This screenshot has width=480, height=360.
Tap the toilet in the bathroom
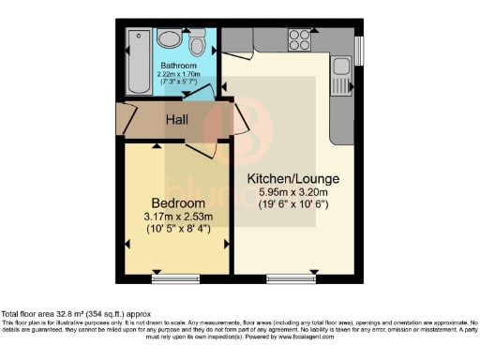point(197,46)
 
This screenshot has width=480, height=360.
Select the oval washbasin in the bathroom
point(170,38)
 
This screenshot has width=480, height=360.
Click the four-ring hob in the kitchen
point(300,39)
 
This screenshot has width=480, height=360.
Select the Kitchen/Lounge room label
point(292,178)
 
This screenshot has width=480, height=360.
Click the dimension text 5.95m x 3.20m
point(292,193)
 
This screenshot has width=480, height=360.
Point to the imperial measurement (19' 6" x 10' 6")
point(292,207)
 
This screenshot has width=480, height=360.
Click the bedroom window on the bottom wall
point(174,278)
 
